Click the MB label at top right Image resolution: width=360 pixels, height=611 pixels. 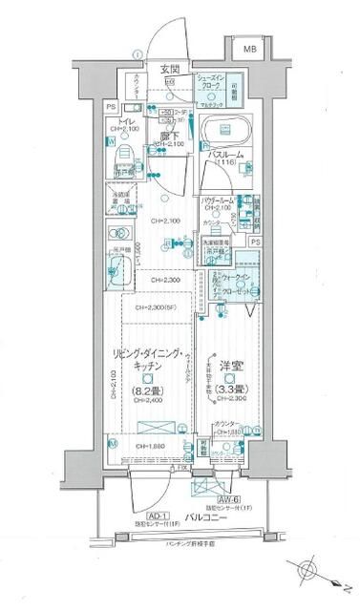(248, 48)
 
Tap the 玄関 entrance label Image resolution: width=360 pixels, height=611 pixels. (170, 69)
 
